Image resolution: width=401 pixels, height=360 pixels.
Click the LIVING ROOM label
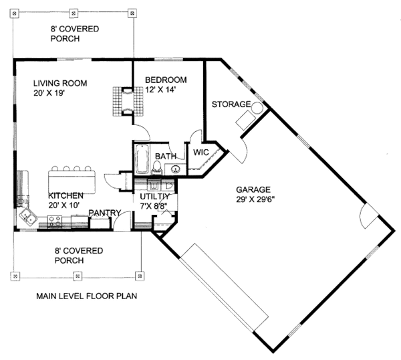60,83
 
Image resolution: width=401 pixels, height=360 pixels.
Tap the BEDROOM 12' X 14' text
166,85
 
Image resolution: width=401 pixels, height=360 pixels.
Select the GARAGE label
253,189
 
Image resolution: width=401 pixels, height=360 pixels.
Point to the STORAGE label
231,104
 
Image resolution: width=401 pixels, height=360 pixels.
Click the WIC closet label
201,153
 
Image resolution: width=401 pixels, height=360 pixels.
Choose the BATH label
166,156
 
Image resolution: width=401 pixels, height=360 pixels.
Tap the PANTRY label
105,213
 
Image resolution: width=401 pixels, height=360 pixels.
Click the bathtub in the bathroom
142,159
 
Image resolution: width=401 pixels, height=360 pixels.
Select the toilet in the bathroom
156,168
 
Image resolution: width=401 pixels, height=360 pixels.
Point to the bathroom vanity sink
176,169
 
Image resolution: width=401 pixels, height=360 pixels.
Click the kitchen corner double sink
28,217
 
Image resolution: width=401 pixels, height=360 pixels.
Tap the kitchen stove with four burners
55,221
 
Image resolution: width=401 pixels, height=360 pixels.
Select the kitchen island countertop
72,182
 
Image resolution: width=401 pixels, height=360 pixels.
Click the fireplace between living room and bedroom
128,102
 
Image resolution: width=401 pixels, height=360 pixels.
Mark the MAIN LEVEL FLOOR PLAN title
86,296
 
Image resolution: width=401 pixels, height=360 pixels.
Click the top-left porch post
14,13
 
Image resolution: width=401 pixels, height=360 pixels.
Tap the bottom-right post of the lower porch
140,276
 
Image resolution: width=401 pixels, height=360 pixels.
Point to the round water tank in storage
257,108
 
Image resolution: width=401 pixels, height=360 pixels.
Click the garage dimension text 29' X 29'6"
255,199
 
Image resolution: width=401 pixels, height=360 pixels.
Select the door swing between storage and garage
243,151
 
